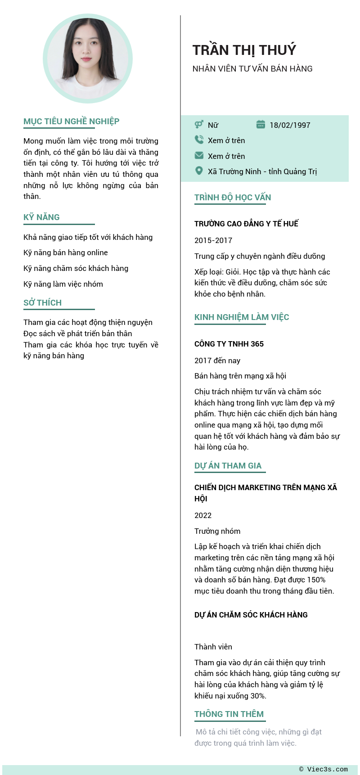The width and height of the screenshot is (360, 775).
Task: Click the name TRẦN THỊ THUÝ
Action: point(244,50)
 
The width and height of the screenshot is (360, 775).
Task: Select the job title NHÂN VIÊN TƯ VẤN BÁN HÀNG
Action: point(252,69)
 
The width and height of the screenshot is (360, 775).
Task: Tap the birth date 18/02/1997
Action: point(290,125)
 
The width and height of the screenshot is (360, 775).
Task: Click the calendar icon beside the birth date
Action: point(261,125)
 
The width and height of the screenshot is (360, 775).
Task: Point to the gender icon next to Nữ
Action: point(199,125)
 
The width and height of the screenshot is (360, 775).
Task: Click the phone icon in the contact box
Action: point(199,140)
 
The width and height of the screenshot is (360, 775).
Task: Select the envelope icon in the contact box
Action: point(199,156)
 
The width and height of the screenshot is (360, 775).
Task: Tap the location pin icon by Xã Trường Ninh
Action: point(199,171)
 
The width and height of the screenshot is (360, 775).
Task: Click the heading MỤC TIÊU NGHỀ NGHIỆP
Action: point(71,122)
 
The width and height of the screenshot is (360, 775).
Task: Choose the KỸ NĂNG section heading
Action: point(41,217)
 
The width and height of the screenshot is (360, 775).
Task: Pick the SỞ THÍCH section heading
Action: point(42,303)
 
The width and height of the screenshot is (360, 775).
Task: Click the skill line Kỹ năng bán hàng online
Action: point(66,252)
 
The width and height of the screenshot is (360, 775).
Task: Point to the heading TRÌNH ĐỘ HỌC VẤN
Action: point(233,198)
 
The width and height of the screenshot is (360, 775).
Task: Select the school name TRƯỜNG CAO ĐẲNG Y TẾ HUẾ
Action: point(246,224)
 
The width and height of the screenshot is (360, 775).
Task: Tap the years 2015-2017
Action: point(213,240)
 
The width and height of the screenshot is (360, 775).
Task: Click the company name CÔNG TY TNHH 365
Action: point(229,344)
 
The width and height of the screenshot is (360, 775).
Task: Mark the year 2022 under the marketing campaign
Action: point(203,515)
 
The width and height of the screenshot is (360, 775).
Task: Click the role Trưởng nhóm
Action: point(217,531)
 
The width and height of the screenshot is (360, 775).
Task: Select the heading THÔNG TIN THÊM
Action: point(229,714)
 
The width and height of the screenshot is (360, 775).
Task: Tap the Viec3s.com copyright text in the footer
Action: point(324,769)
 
